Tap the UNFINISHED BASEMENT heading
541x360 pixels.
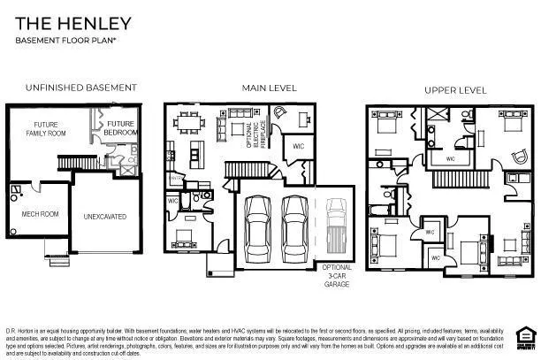pyautogui.click(x=80, y=88)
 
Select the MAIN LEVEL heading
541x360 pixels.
pyautogui.click(x=264, y=88)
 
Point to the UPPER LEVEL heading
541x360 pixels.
pyautogui.click(x=455, y=90)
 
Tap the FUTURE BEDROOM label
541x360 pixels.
pyautogui.click(x=121, y=128)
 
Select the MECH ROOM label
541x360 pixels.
pyautogui.click(x=39, y=213)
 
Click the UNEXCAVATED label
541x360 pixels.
pyautogui.click(x=105, y=216)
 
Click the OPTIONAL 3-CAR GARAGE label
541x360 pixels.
pyautogui.click(x=337, y=275)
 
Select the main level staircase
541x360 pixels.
pyautogui.click(x=241, y=169)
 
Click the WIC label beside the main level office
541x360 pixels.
pyautogui.click(x=298, y=144)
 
